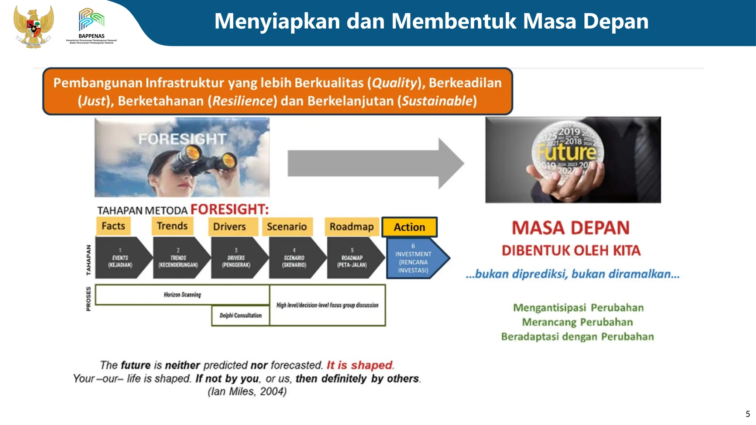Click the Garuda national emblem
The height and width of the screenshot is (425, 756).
(34, 27)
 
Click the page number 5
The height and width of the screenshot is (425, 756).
(748, 414)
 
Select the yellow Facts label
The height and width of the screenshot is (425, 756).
(113, 226)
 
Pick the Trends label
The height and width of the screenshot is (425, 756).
(172, 226)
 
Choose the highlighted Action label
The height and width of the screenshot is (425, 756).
(409, 227)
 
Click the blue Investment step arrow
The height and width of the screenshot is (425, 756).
(415, 258)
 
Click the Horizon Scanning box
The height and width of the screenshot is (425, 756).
(182, 294)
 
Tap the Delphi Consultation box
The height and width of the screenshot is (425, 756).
(240, 315)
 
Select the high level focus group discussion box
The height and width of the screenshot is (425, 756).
(327, 305)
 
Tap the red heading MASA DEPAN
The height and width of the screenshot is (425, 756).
(571, 228)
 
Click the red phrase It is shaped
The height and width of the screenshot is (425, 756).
(360, 365)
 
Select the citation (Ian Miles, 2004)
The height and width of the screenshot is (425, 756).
(247, 391)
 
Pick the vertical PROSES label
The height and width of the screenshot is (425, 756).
(89, 298)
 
